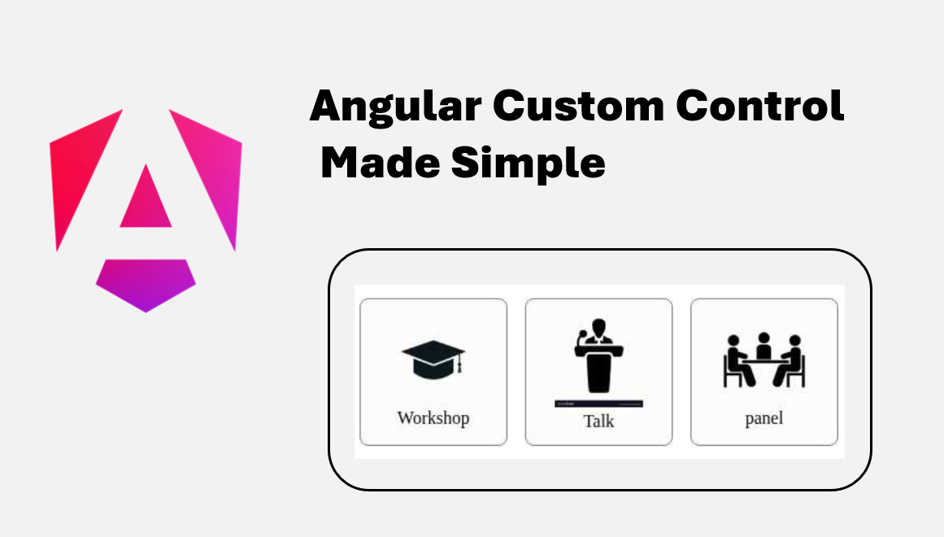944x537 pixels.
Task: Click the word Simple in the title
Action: [x=529, y=164]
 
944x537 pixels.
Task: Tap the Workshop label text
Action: [x=433, y=418]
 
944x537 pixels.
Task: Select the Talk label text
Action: [x=598, y=421]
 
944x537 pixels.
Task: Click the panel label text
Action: [x=763, y=419]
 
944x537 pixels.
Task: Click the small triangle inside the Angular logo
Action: [x=146, y=200]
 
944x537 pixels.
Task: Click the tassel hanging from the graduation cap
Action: [x=460, y=367]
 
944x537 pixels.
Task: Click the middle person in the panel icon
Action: [x=763, y=345]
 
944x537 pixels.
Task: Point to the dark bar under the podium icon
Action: [x=599, y=404]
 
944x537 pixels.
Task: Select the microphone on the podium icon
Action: [x=581, y=336]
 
